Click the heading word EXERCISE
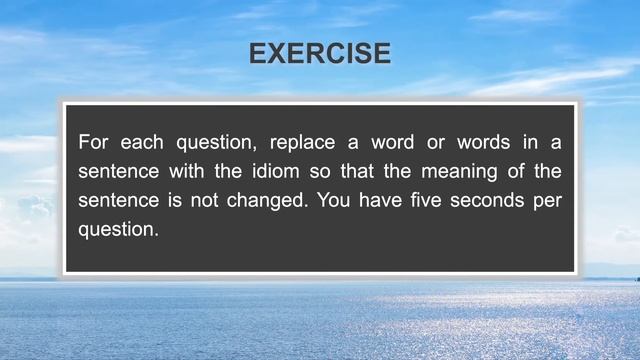point(320,54)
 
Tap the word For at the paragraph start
point(95,142)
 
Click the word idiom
point(291,171)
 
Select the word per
point(548,201)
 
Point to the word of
point(497,171)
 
